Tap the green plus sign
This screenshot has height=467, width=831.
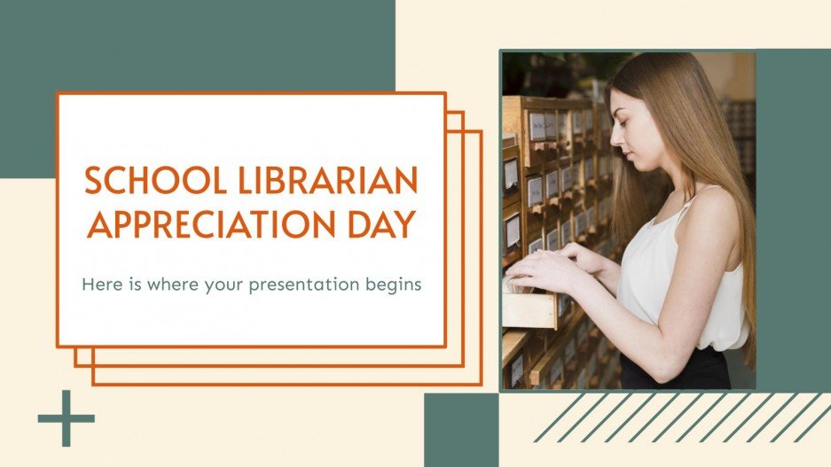pos(66,417)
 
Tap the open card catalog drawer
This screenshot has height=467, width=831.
pos(529,307)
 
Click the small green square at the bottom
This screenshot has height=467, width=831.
pos(461,430)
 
